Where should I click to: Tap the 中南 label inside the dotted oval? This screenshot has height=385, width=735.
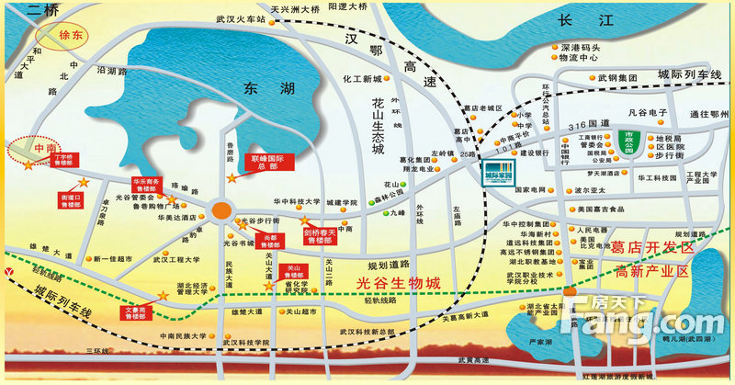(45, 147)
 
